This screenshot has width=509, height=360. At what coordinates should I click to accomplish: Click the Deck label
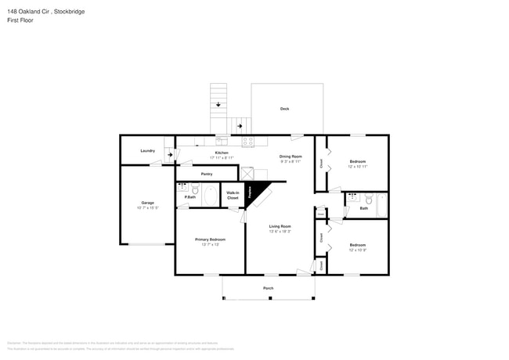pyautogui.click(x=285, y=109)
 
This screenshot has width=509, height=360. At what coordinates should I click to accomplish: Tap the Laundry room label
pyautogui.click(x=147, y=150)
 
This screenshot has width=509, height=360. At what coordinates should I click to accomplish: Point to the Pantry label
pyautogui.click(x=207, y=174)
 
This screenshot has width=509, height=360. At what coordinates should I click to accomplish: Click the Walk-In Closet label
pyautogui.click(x=233, y=196)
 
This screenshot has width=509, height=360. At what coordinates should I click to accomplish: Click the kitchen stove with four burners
pyautogui.click(x=248, y=142)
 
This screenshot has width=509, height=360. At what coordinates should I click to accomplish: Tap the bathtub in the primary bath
pyautogui.click(x=210, y=195)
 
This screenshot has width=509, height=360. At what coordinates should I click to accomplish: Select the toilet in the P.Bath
pyautogui.click(x=195, y=189)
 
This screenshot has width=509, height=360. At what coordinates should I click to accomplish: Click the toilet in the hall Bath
pyautogui.click(x=367, y=199)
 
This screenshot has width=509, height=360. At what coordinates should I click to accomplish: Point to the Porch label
pyautogui.click(x=268, y=288)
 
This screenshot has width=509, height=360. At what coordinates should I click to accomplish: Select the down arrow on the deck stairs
pyautogui.click(x=218, y=103)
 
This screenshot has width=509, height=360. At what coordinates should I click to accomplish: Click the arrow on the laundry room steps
pyautogui.click(x=168, y=154)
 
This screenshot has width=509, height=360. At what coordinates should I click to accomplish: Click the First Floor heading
pyautogui.click(x=19, y=20)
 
